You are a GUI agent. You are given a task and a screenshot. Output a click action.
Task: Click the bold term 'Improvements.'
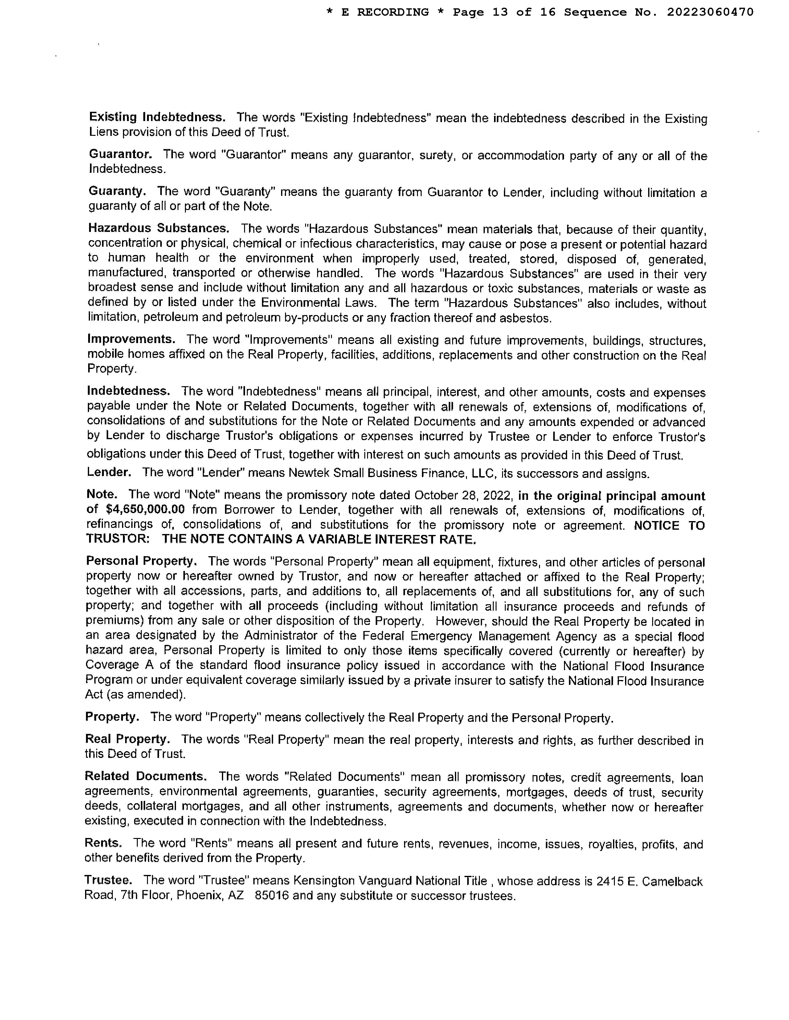(131, 339)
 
